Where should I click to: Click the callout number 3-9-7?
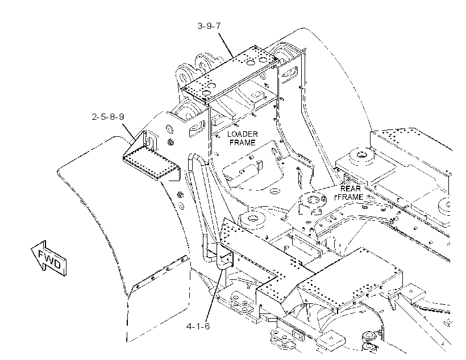coord(209,26)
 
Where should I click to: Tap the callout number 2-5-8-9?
coord(108,117)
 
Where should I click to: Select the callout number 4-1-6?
coord(198,326)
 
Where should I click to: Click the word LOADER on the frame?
coord(243,134)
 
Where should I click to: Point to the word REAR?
coord(351,189)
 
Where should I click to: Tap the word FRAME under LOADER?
coord(243,143)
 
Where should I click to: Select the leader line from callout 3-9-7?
coord(226,45)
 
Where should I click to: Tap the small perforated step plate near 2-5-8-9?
coord(152,165)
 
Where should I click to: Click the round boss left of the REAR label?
coord(313,200)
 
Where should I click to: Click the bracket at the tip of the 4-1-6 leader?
coord(226,258)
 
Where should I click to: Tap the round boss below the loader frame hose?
coord(252,220)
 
